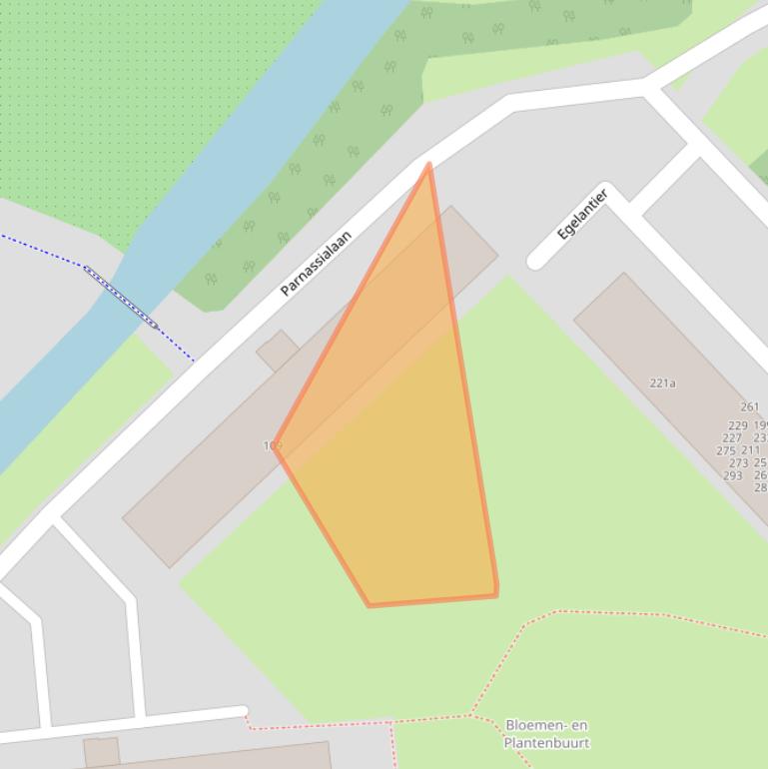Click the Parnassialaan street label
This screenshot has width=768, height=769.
[316, 264]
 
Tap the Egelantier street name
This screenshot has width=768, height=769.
[582, 214]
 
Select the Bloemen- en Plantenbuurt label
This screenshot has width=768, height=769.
[546, 734]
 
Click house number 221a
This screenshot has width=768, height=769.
[662, 383]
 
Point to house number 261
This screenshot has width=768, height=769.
[749, 406]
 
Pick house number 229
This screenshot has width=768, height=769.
[737, 425]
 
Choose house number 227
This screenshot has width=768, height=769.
[732, 437]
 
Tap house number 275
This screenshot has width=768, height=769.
[726, 450]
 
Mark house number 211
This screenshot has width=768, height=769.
[750, 450]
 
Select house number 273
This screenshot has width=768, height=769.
[738, 463]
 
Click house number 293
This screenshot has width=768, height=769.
[732, 475]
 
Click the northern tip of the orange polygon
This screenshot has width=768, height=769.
[428, 165]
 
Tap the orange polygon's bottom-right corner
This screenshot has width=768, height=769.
[496, 595]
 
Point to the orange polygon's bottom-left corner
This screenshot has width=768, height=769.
[370, 605]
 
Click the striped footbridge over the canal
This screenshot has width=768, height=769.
[121, 297]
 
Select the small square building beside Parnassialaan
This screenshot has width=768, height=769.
[277, 351]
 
